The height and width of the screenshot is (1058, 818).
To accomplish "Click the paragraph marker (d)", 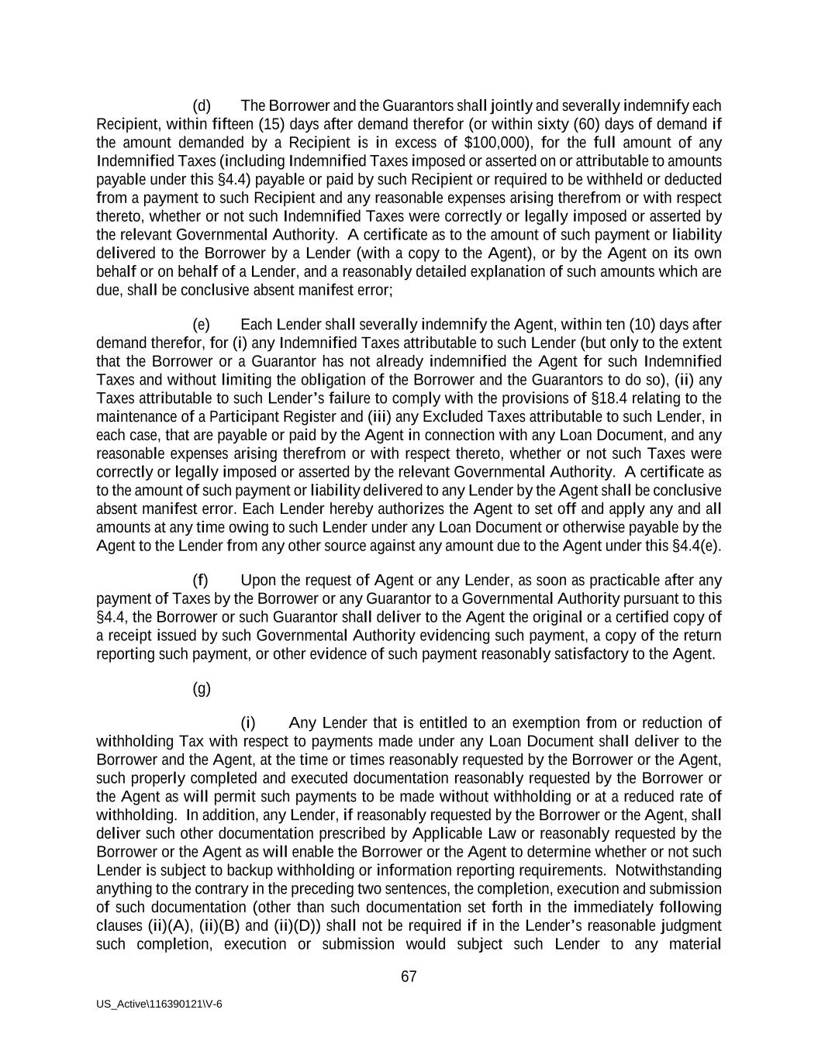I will [202, 105].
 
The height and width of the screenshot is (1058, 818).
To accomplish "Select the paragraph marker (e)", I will [202, 324].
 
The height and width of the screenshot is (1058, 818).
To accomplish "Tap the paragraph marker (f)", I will [201, 581].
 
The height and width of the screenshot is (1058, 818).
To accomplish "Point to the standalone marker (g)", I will [202, 688].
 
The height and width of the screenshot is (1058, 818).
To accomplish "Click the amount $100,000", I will [492, 143].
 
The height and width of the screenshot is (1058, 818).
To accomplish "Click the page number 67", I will [409, 977].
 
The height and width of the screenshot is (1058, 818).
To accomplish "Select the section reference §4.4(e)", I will [695, 546].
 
